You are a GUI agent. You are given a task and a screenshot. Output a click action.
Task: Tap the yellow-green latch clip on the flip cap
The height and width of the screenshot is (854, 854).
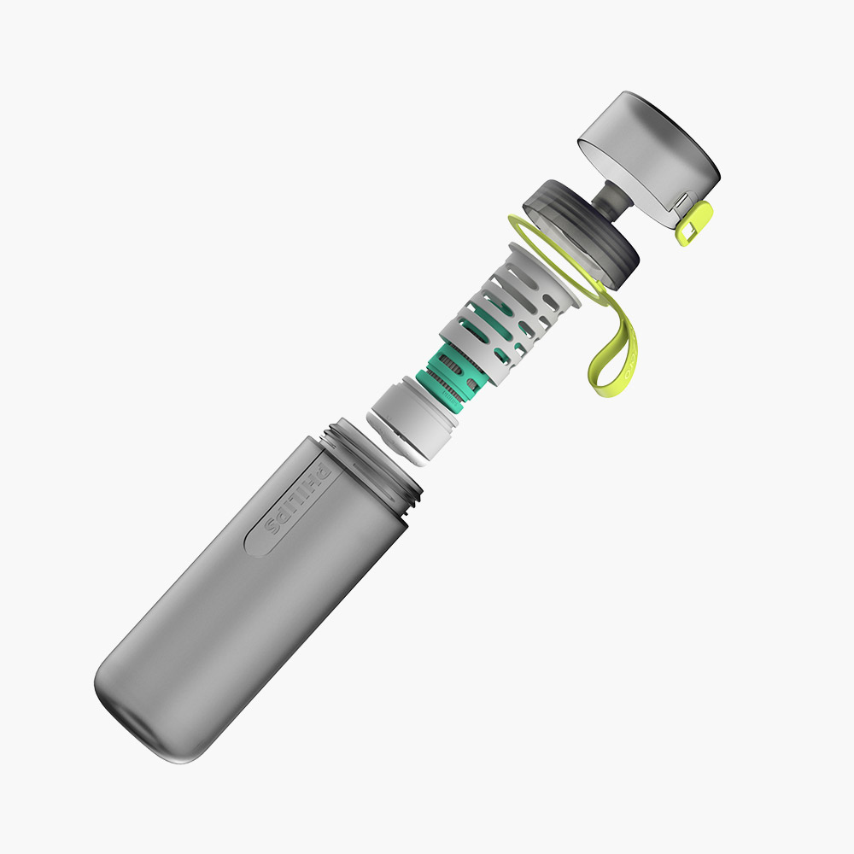coord(693,223)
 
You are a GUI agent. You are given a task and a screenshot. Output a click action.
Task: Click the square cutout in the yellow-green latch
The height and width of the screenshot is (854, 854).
coord(688,231)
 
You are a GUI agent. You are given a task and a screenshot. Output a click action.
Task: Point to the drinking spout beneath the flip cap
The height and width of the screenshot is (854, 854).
coord(612,197)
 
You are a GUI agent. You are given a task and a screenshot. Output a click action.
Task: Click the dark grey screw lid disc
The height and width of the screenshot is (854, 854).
coord(581,234)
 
